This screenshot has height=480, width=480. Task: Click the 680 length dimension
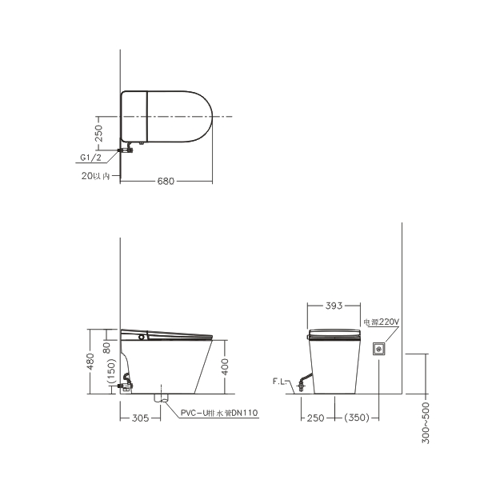coord(166,182)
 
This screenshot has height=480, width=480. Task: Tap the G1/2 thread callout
coord(90,158)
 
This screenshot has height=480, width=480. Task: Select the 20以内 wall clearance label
coord(95,176)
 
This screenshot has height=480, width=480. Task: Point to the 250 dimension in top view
coord(99,133)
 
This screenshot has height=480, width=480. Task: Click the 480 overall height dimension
coord(91,362)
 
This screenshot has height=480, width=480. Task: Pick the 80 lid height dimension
coord(106,348)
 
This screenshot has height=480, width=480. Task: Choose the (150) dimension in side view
coord(112,371)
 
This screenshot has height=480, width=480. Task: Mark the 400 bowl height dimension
coord(225,366)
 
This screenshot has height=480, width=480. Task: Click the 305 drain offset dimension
coord(140,418)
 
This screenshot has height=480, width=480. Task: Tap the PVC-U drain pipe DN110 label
coord(219,413)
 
